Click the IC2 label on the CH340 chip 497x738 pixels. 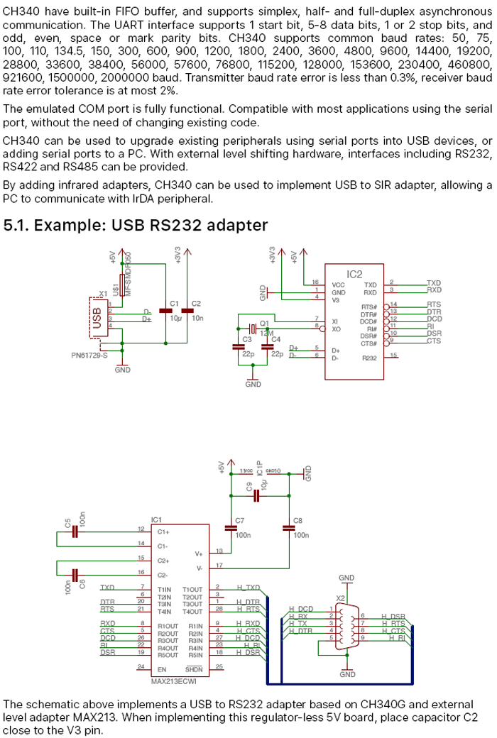click(x=354, y=273)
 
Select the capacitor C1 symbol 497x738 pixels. click(x=168, y=311)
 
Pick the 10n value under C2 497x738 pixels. click(x=197, y=319)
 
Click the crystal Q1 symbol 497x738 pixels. click(x=253, y=329)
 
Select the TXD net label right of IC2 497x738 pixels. click(x=434, y=282)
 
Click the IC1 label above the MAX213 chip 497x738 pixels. click(x=157, y=519)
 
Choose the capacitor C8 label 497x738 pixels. click(x=297, y=520)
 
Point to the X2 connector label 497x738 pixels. click(x=341, y=598)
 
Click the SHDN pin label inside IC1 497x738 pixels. click(x=194, y=668)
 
